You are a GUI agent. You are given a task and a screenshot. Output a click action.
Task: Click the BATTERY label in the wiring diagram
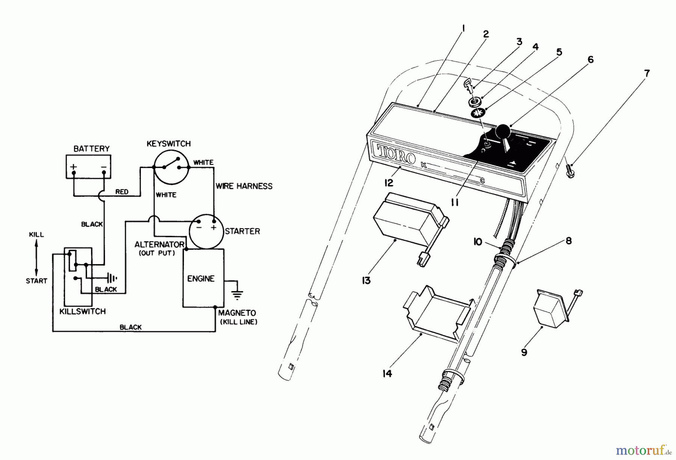tap(91, 149)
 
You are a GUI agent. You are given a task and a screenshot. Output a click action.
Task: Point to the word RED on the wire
tap(122, 192)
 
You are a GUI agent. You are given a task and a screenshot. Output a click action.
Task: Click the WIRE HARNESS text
tap(244, 186)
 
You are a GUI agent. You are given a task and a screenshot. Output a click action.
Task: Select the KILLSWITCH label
tap(83, 311)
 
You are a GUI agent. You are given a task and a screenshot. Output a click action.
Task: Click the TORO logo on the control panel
tap(397, 153)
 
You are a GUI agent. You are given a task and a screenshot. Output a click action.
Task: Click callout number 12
tap(388, 183)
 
